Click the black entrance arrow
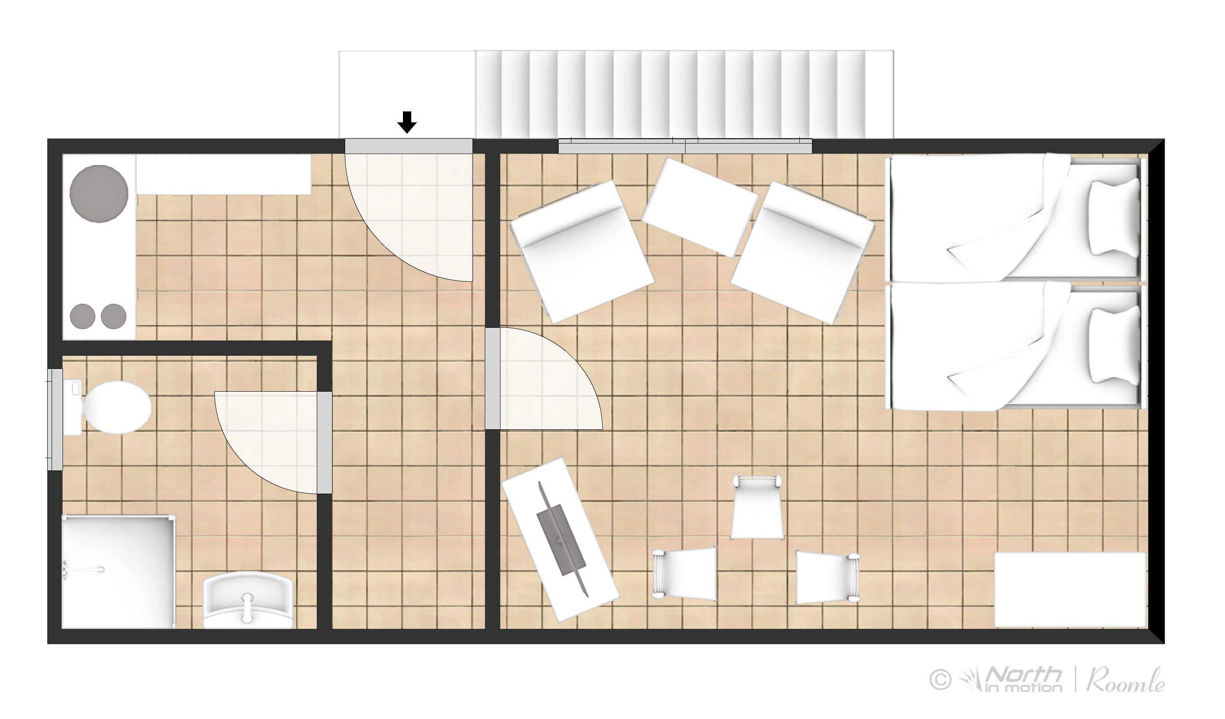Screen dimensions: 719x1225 (407, 122)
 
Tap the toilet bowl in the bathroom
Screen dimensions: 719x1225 (117, 407)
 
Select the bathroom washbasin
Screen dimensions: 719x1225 (248, 601)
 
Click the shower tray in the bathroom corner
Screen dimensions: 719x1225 (118, 572)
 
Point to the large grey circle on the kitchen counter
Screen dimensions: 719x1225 (99, 193)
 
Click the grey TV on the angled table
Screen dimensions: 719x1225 (561, 540)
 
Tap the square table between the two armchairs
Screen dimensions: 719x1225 (700, 207)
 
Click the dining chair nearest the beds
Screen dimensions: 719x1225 (827, 578)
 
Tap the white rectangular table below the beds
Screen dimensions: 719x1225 (1069, 589)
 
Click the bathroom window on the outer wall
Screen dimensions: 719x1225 (55, 420)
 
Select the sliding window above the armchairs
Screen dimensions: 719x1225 (685, 146)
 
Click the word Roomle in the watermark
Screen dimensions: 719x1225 (1126, 680)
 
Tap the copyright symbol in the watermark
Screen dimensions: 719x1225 (940, 679)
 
